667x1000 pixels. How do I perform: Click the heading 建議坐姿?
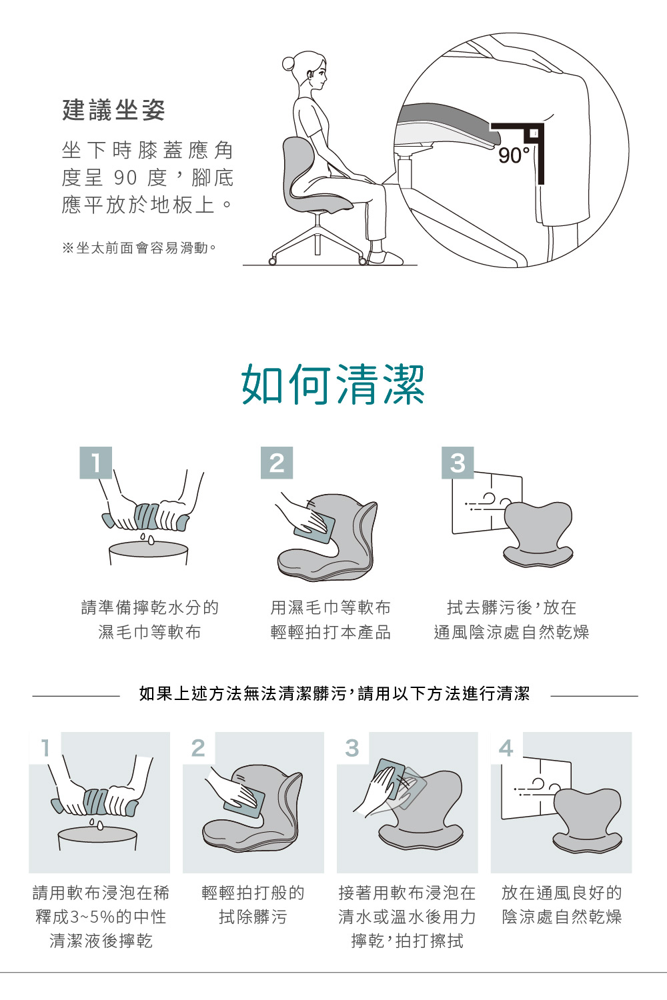click(x=113, y=110)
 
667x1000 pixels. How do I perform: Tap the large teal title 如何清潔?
click(x=333, y=385)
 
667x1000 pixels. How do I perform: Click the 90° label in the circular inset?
click(x=514, y=155)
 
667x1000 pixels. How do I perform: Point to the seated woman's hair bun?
click(x=289, y=64)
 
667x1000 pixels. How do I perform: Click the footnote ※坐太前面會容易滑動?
click(x=139, y=248)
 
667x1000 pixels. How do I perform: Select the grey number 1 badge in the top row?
click(x=95, y=463)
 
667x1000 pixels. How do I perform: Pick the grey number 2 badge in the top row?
click(x=277, y=463)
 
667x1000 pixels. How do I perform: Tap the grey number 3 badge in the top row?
click(x=458, y=463)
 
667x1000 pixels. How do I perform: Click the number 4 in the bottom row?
click(x=506, y=748)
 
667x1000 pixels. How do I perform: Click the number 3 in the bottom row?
click(x=352, y=748)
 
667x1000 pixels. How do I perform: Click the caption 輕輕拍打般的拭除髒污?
click(x=253, y=905)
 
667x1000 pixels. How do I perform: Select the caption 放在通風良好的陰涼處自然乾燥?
click(x=562, y=905)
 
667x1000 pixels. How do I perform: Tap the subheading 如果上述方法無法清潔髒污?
click(x=243, y=694)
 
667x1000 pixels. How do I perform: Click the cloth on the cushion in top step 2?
click(x=315, y=527)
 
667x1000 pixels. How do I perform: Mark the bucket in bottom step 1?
click(x=97, y=838)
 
